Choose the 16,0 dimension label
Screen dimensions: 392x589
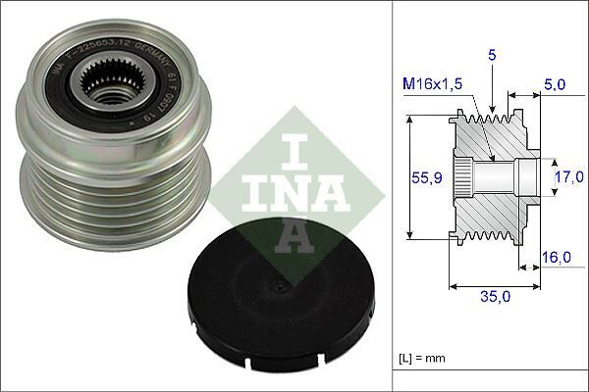(x=556, y=257)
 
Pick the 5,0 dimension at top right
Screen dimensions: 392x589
(x=555, y=85)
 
